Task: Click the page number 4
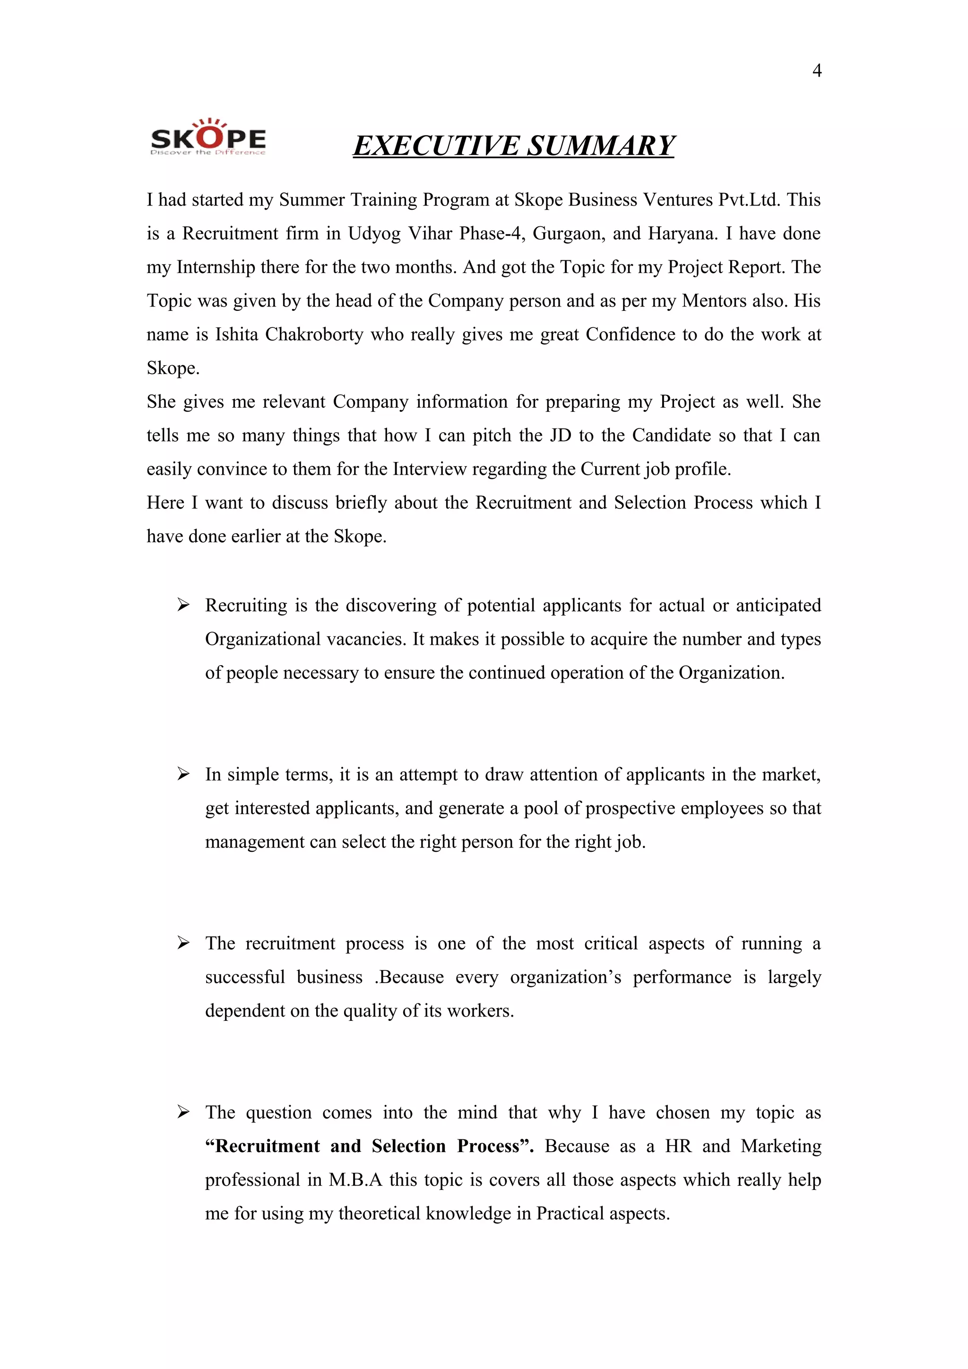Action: click(x=816, y=71)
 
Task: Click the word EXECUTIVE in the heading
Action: click(x=436, y=146)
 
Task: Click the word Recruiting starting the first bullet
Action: click(x=246, y=606)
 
